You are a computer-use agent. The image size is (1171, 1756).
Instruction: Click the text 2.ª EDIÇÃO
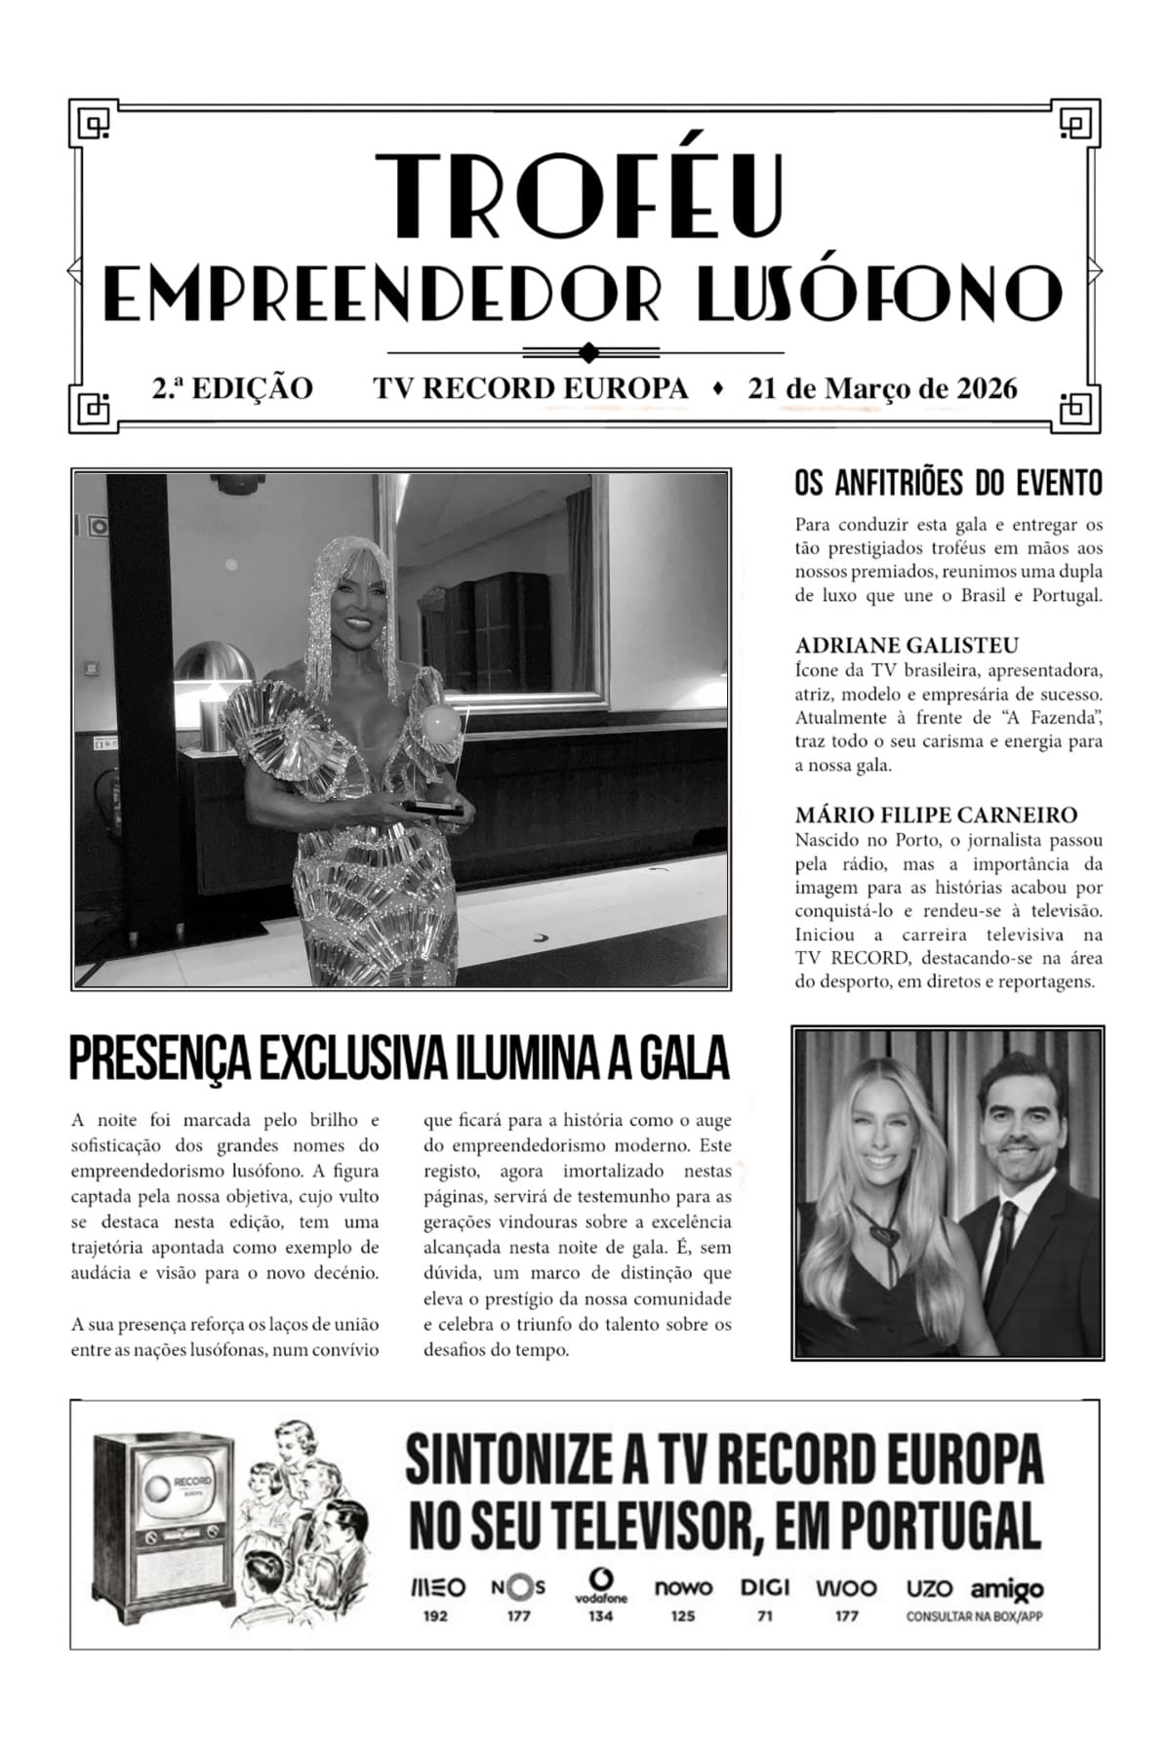point(232,389)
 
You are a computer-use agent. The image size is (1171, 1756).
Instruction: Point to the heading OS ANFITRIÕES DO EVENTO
point(949,483)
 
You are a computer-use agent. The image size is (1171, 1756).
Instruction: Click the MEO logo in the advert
point(436,1587)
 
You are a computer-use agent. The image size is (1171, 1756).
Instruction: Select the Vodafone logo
point(601,1584)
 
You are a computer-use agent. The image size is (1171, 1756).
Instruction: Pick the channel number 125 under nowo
point(683,1616)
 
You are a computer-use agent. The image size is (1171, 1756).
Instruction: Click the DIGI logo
point(765,1587)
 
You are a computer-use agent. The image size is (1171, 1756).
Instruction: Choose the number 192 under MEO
point(435,1616)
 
